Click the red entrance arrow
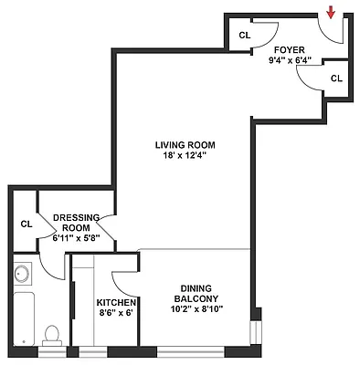pos(331,11)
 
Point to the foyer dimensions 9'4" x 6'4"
pos(291,61)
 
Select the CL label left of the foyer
pos(244,35)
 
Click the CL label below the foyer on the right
pos(336,78)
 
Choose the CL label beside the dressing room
pos(26,223)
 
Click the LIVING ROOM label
pos(184,144)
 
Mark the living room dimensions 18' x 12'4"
pos(184,155)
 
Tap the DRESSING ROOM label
pos(76,223)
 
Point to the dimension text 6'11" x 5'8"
pos(76,239)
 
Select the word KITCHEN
pos(116,303)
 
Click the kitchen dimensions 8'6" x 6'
pos(116,313)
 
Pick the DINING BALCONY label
pos(196,292)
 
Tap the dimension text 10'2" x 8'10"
pos(196,308)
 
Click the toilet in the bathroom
pos(53,336)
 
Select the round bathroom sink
pos(24,273)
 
